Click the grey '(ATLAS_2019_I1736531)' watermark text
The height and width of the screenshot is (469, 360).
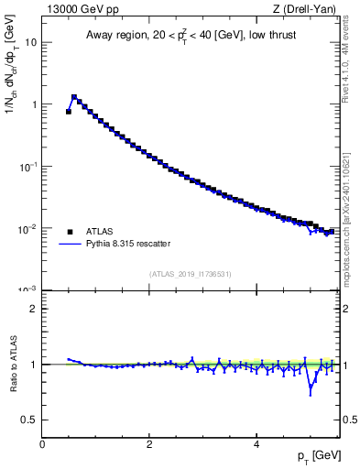pyautogui.click(x=190, y=274)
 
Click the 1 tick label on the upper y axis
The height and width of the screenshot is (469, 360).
pyautogui.click(x=34, y=104)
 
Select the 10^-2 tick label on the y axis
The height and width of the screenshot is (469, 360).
pyautogui.click(x=28, y=228)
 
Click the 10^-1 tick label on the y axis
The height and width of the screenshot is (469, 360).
pyautogui.click(x=28, y=166)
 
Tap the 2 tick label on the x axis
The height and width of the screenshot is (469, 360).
pyautogui.click(x=149, y=444)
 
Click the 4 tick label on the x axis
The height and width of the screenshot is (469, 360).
pyautogui.click(x=256, y=444)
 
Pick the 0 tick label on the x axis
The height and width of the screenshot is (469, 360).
pyautogui.click(x=43, y=444)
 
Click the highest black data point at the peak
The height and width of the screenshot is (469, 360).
pyautogui.click(x=74, y=96)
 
